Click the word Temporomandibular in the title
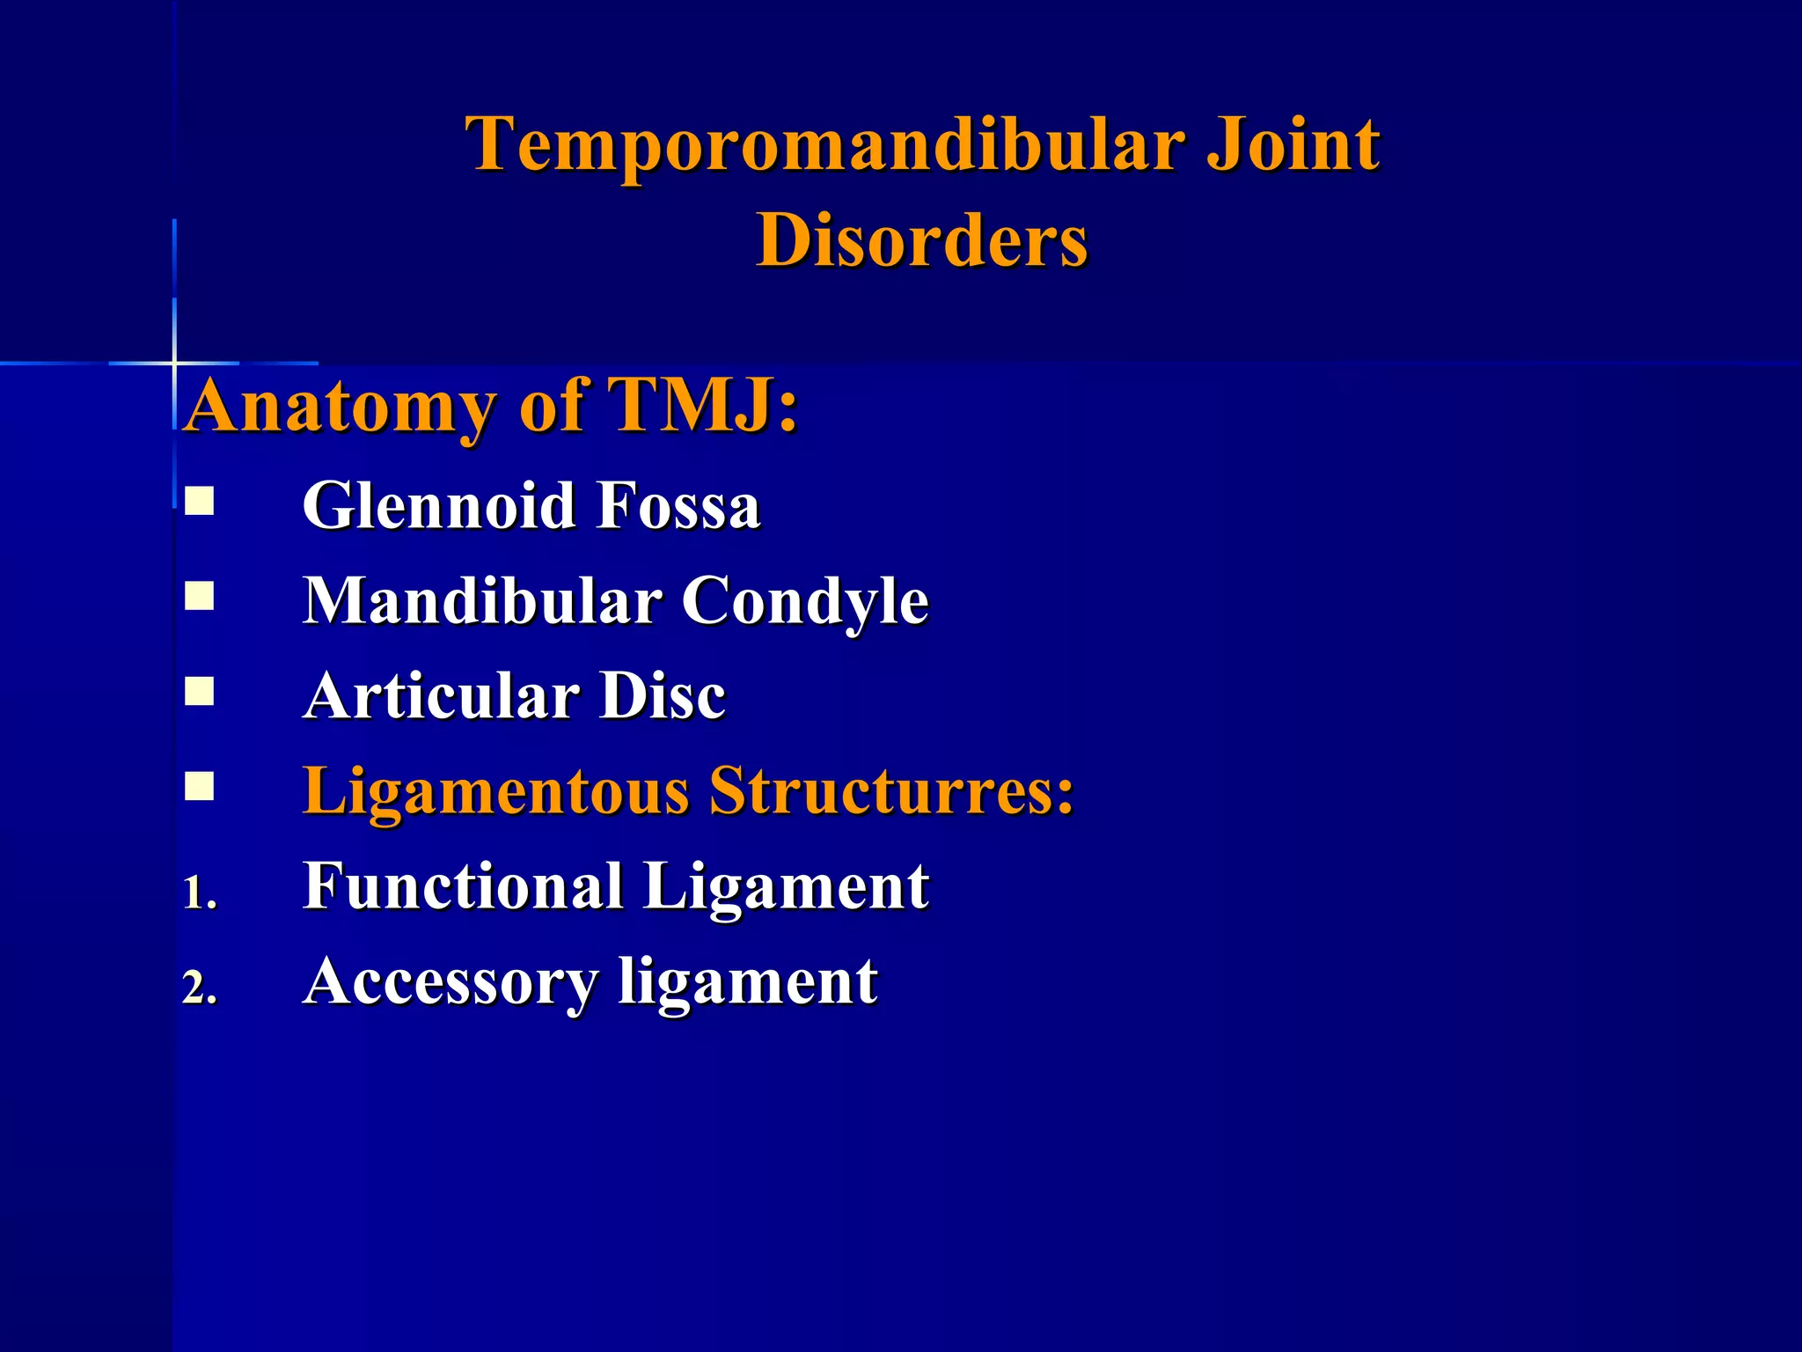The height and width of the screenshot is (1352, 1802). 826,145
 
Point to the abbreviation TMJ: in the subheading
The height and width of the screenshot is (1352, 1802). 704,406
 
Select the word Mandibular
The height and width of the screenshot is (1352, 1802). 482,602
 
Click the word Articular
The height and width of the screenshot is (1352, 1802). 440,696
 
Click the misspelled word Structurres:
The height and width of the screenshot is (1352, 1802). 891,790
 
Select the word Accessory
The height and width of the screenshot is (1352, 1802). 450,982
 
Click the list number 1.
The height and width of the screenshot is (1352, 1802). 198,894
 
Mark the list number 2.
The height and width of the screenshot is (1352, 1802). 199,989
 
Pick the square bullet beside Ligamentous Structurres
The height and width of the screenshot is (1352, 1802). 200,786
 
